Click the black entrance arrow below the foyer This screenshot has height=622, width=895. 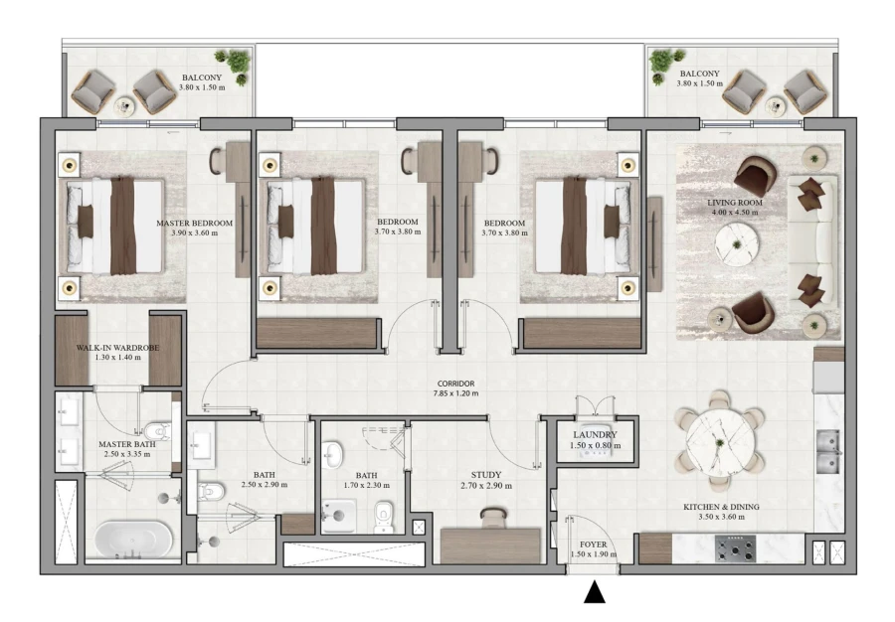click(594, 592)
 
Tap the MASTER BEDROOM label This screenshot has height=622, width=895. click(194, 224)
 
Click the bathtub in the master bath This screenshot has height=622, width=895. click(132, 540)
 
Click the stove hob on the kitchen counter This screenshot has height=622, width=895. click(735, 548)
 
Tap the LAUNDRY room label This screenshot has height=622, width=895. click(596, 435)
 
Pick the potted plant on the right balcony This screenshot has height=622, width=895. click(661, 63)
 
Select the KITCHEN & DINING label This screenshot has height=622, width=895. click(721, 507)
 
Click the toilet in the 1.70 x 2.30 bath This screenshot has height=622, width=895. click(384, 515)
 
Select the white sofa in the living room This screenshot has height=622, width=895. click(811, 241)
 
